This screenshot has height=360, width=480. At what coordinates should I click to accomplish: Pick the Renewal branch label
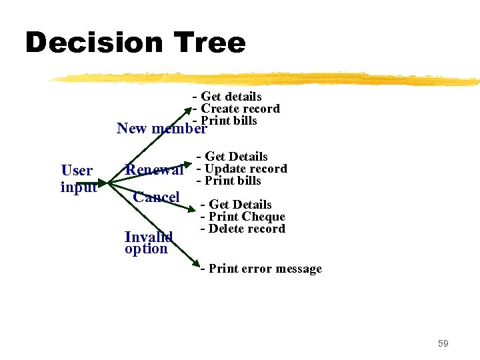155,170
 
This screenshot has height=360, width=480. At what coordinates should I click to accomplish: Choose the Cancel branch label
156,197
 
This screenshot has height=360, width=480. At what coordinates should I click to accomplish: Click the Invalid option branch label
148,243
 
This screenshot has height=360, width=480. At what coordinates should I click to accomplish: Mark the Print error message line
261,269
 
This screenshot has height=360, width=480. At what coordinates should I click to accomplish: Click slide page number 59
443,343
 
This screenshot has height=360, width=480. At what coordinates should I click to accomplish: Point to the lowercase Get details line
227,97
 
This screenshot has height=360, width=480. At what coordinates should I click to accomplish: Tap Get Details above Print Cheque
237,205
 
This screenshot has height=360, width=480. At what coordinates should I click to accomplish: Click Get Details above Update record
232,157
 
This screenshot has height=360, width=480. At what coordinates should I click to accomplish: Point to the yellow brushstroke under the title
267,79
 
